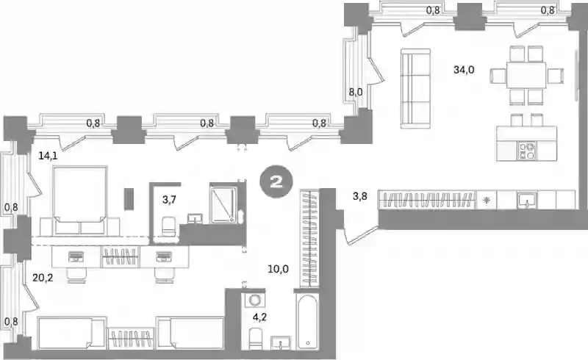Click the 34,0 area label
(x=464, y=70)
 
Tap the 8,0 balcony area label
(x=356, y=92)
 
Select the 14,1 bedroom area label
(x=48, y=156)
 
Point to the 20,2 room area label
(x=43, y=278)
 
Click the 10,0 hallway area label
(x=279, y=268)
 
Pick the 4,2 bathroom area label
(x=259, y=317)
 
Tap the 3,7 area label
(x=169, y=200)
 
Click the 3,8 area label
(x=359, y=196)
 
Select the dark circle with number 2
(x=276, y=182)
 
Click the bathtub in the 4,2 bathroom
(x=307, y=322)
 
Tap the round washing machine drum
(x=254, y=300)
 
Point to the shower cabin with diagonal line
(x=223, y=205)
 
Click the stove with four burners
(x=527, y=151)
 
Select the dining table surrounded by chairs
(x=526, y=75)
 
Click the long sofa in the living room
(x=415, y=88)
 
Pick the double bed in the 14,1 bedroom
(x=80, y=201)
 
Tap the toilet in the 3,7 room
(x=168, y=226)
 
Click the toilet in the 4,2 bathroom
(x=256, y=339)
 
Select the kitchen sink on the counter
(x=527, y=201)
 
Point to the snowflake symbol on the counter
(x=487, y=201)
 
